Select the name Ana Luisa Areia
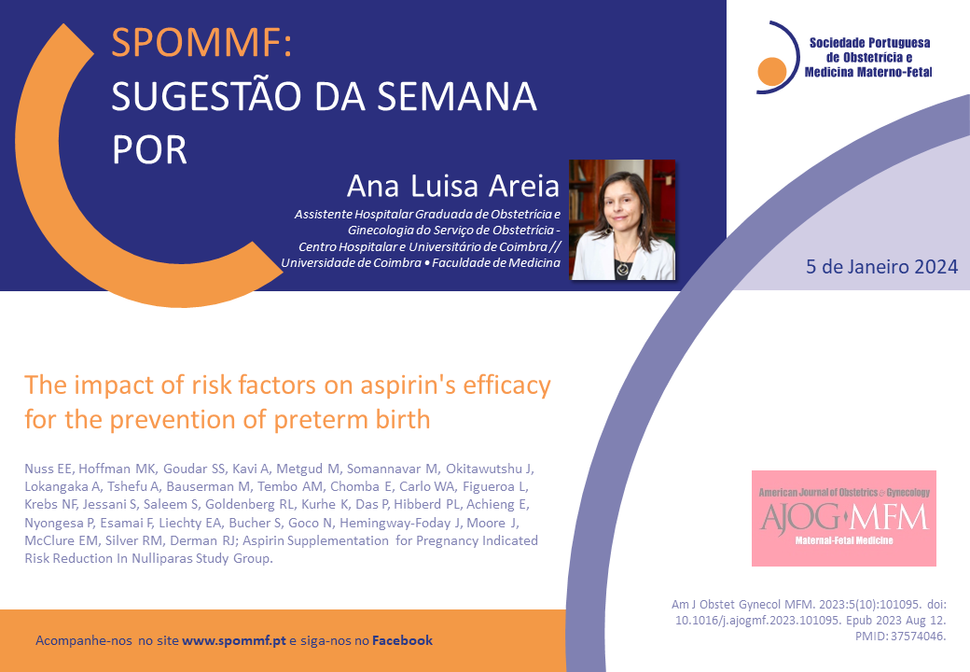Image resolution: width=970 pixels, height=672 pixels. [x=453, y=186]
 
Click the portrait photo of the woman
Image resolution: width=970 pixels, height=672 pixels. [x=622, y=219]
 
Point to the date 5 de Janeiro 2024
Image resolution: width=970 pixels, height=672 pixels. [x=881, y=267]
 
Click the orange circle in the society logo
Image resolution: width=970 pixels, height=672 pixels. [x=771, y=71]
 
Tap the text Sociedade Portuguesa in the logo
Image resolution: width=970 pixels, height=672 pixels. [x=870, y=43]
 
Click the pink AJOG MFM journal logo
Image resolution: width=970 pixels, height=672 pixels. [x=844, y=519]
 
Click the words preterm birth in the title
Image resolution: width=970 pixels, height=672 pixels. [x=352, y=420]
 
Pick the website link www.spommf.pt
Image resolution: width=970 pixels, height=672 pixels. [x=234, y=640]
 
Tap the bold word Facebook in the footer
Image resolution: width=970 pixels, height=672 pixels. [x=402, y=640]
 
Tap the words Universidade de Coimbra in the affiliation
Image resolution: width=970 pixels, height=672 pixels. [x=352, y=263]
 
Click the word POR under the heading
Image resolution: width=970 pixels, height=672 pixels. [x=149, y=150]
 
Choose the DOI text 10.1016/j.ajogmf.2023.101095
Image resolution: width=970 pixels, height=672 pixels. [x=757, y=621]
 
